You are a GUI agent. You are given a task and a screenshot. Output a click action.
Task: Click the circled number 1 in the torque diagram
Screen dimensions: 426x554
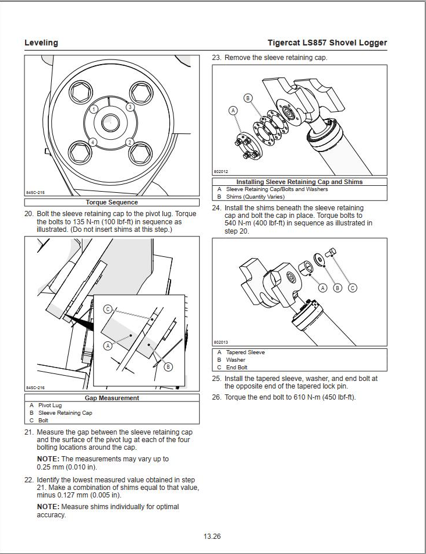(x=94, y=109)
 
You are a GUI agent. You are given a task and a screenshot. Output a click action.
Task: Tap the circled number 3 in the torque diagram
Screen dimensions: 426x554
(x=130, y=107)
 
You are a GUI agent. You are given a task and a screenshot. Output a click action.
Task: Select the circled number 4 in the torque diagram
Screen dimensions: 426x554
(x=93, y=142)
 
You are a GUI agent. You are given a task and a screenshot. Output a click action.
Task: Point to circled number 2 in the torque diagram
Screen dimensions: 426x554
(x=130, y=142)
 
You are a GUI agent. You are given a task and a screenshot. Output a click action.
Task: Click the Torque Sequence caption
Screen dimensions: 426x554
(x=112, y=203)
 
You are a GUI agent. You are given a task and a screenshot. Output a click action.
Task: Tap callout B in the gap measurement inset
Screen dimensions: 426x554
(x=168, y=367)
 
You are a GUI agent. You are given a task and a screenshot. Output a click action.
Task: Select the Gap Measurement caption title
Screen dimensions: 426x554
(x=112, y=398)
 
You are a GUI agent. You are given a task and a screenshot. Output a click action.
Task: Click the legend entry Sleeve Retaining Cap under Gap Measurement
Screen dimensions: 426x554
(x=65, y=412)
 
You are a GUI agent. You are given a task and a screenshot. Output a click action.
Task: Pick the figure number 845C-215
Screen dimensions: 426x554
(x=35, y=193)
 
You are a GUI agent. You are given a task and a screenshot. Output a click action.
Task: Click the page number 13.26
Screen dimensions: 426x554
(x=212, y=537)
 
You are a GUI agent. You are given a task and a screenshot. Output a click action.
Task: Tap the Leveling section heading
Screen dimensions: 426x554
(x=41, y=43)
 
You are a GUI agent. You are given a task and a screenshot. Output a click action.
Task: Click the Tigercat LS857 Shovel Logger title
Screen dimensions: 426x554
(x=327, y=43)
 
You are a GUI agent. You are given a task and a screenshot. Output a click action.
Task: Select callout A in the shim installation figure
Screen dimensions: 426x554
(x=233, y=111)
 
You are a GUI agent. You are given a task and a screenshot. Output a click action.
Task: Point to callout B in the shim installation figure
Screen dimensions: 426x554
(x=248, y=98)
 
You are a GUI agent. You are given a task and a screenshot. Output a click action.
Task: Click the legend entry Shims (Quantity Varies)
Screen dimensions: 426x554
(x=255, y=197)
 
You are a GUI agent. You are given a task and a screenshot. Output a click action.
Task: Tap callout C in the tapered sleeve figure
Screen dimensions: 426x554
(x=353, y=288)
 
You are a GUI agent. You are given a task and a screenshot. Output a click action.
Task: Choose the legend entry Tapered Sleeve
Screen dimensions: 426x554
(x=245, y=352)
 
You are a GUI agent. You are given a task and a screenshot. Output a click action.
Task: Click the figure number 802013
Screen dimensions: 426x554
(x=221, y=342)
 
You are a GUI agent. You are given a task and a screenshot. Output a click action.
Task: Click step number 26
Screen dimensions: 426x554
(x=216, y=397)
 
